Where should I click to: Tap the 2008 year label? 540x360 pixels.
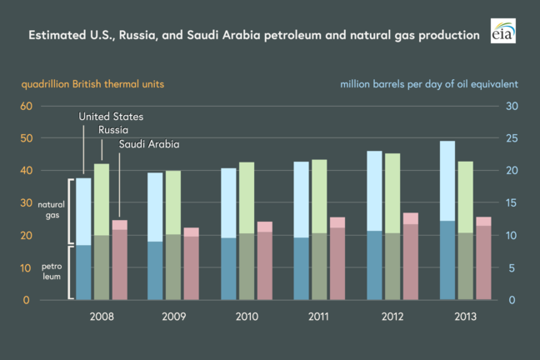click(102, 317)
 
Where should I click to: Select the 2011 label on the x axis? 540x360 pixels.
click(317, 317)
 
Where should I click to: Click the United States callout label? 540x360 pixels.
click(112, 117)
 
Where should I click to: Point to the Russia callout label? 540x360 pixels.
click(112, 130)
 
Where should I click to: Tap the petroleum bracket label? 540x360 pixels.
click(49, 272)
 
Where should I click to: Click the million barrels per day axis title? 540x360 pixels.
click(430, 84)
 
